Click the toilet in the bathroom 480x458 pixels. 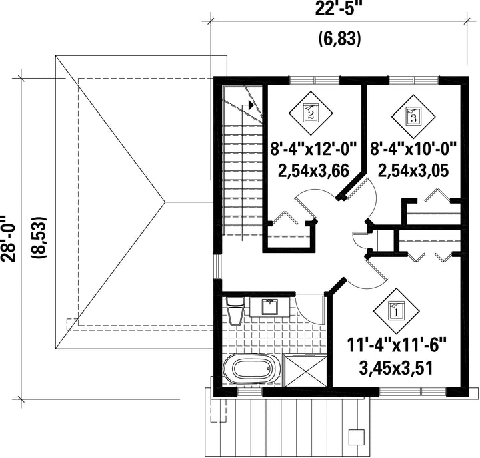click(x=235, y=311)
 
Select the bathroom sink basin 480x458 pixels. click(x=269, y=307)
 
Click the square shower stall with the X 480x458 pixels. click(x=305, y=371)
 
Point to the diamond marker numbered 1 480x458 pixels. click(x=397, y=312)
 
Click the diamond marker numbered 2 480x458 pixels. click(x=311, y=113)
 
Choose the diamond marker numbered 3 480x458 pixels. click(x=413, y=116)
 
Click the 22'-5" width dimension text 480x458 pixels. click(x=337, y=8)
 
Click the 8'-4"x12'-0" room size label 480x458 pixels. click(x=313, y=150)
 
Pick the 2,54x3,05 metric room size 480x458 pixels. click(x=413, y=170)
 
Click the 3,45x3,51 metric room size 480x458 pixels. click(x=396, y=368)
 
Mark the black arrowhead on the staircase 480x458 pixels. click(x=251, y=105)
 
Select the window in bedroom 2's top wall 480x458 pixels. click(x=315, y=80)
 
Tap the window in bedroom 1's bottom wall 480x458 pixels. click(x=413, y=392)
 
